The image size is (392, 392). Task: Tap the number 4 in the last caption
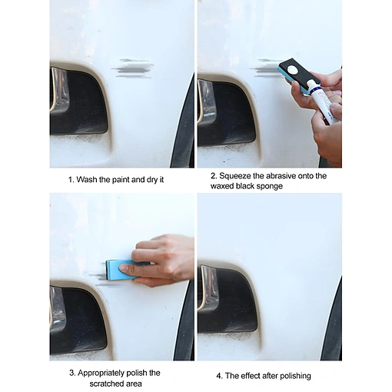coord(218,376)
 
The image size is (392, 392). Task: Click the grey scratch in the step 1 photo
coord(132,68)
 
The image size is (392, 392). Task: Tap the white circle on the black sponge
coord(291,70)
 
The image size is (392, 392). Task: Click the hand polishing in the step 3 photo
coord(159,261)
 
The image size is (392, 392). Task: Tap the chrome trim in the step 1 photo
coord(59,89)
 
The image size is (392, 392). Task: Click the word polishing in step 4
coord(295,376)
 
